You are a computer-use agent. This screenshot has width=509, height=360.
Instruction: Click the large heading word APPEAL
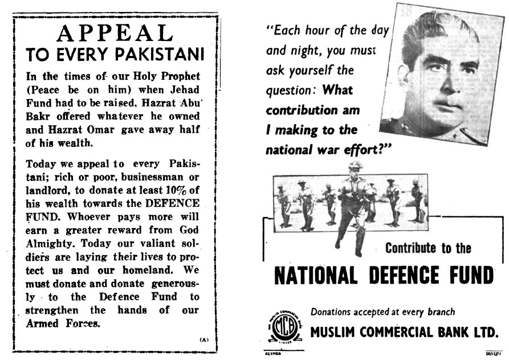(116, 36)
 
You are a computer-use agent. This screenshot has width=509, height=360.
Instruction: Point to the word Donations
(333, 312)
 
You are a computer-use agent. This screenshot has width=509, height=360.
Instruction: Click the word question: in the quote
(290, 89)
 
